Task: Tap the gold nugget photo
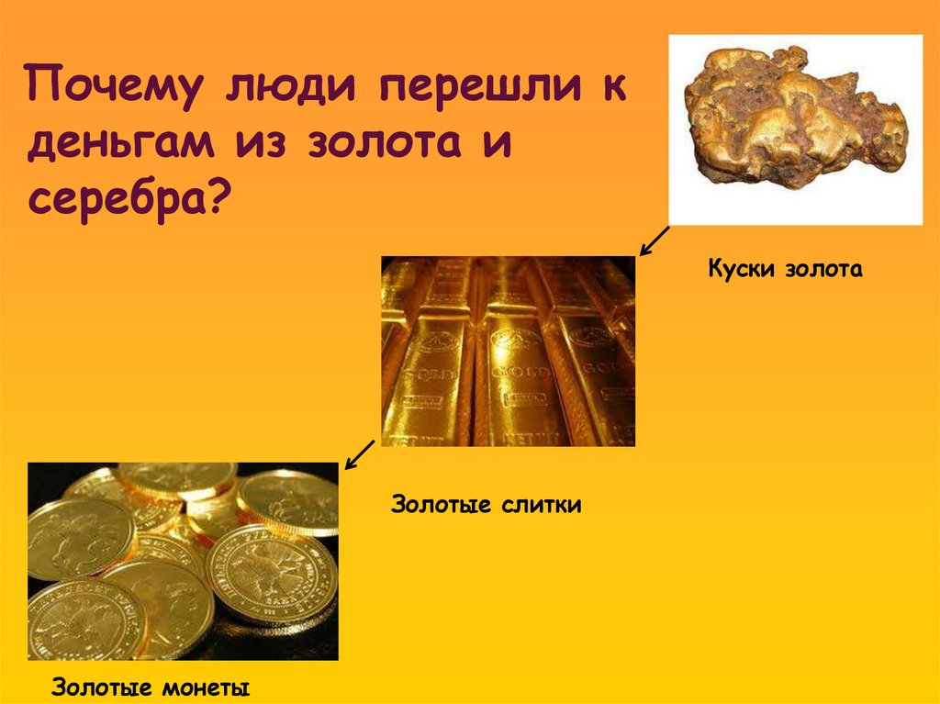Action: pos(795,129)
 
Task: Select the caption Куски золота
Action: pos(786,270)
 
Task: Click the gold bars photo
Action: pos(508,352)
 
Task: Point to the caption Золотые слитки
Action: pos(487,505)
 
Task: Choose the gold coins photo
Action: pos(183,561)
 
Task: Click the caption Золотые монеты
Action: pos(151,687)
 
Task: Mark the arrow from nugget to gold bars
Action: pos(654,241)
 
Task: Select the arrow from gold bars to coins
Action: pos(359,454)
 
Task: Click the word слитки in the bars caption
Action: pos(541,505)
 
